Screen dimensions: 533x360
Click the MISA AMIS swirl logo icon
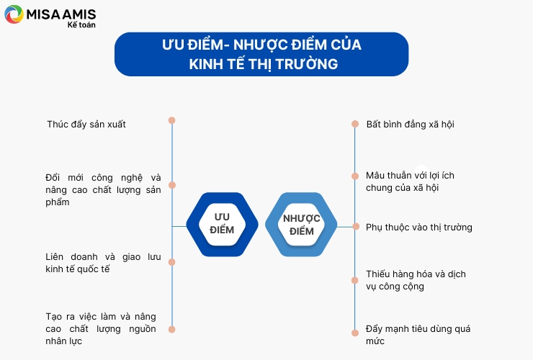click(14, 14)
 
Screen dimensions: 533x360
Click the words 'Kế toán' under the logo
click(81, 24)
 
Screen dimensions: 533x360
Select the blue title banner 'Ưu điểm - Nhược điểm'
click(261, 54)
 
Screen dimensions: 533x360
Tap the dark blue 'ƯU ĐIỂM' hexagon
click(223, 225)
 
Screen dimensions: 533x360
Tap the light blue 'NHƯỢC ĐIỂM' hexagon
click(301, 225)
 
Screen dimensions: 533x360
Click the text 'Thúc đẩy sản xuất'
click(86, 125)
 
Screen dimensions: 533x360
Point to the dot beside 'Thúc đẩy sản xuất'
click(172, 120)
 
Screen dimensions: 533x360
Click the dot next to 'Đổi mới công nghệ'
click(172, 185)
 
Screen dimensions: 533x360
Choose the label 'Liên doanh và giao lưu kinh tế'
click(103, 263)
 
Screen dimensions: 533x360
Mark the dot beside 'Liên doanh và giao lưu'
click(172, 262)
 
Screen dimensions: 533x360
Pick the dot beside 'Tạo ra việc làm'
click(172, 329)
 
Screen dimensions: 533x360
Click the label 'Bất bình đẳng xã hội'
click(411, 125)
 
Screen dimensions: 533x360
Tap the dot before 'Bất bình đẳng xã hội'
click(355, 124)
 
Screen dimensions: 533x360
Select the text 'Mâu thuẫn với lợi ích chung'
click(410, 181)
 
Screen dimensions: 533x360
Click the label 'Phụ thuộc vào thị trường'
click(419, 228)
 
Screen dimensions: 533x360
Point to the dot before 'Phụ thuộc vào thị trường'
click(356, 226)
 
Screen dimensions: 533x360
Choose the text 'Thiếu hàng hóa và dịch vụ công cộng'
click(416, 280)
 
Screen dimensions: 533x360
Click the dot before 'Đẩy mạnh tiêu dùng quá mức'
click(355, 333)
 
